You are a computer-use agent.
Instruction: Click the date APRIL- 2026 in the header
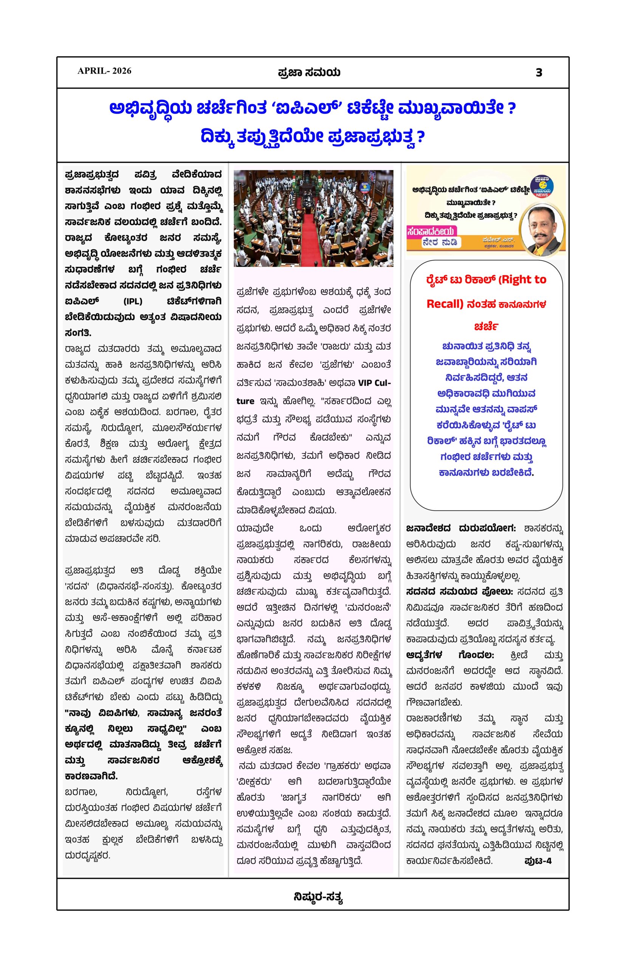click(104, 71)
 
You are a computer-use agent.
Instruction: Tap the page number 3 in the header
click(539, 73)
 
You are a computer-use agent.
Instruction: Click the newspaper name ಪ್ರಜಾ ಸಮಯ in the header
click(309, 73)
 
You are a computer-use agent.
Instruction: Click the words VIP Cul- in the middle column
click(374, 383)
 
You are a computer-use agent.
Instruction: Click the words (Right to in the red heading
click(522, 280)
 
